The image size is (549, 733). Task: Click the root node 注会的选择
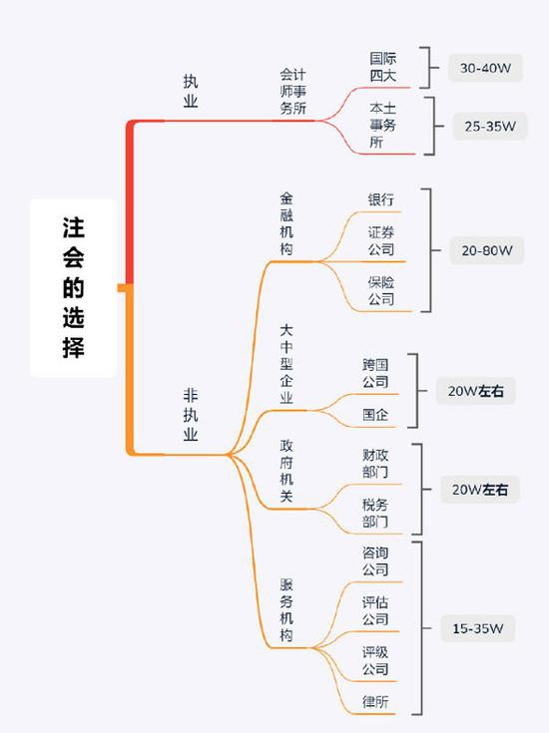[x=74, y=287]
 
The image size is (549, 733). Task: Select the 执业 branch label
[x=191, y=91]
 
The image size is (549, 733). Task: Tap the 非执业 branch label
[x=191, y=415]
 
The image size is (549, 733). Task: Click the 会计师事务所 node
[x=293, y=91]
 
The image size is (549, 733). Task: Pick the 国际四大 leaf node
[x=383, y=67]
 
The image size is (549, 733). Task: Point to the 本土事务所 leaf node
[x=383, y=125]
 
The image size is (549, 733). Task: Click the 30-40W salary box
[x=485, y=68]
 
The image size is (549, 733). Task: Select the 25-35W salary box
[x=490, y=126]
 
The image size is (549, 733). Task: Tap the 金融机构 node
[x=286, y=223]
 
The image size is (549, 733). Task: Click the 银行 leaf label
[x=381, y=199]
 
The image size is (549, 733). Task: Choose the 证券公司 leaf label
[x=381, y=240]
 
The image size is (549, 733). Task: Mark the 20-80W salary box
[x=487, y=250]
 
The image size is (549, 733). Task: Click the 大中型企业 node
[x=286, y=364]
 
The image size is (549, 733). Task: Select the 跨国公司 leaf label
[x=375, y=373]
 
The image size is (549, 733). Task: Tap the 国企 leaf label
[x=375, y=414]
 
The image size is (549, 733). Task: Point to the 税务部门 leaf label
[x=375, y=513]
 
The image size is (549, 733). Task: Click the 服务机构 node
[x=286, y=610]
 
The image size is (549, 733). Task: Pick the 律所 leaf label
[x=375, y=701]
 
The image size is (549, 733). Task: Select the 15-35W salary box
[x=478, y=628]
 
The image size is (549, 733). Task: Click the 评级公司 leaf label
[x=375, y=660]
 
